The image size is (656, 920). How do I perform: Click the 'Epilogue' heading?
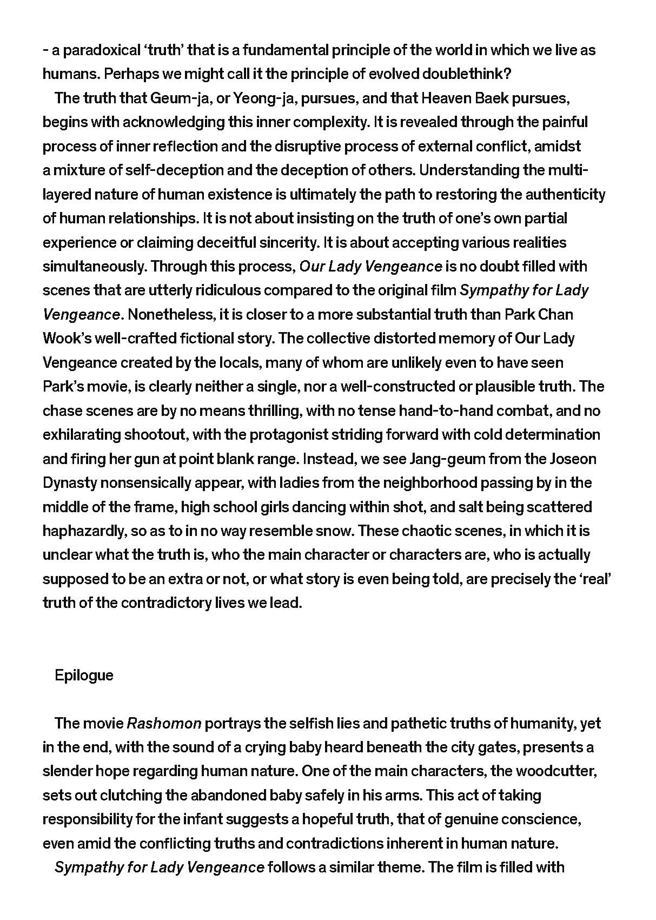(84, 675)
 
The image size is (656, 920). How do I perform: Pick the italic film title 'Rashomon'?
(164, 724)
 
